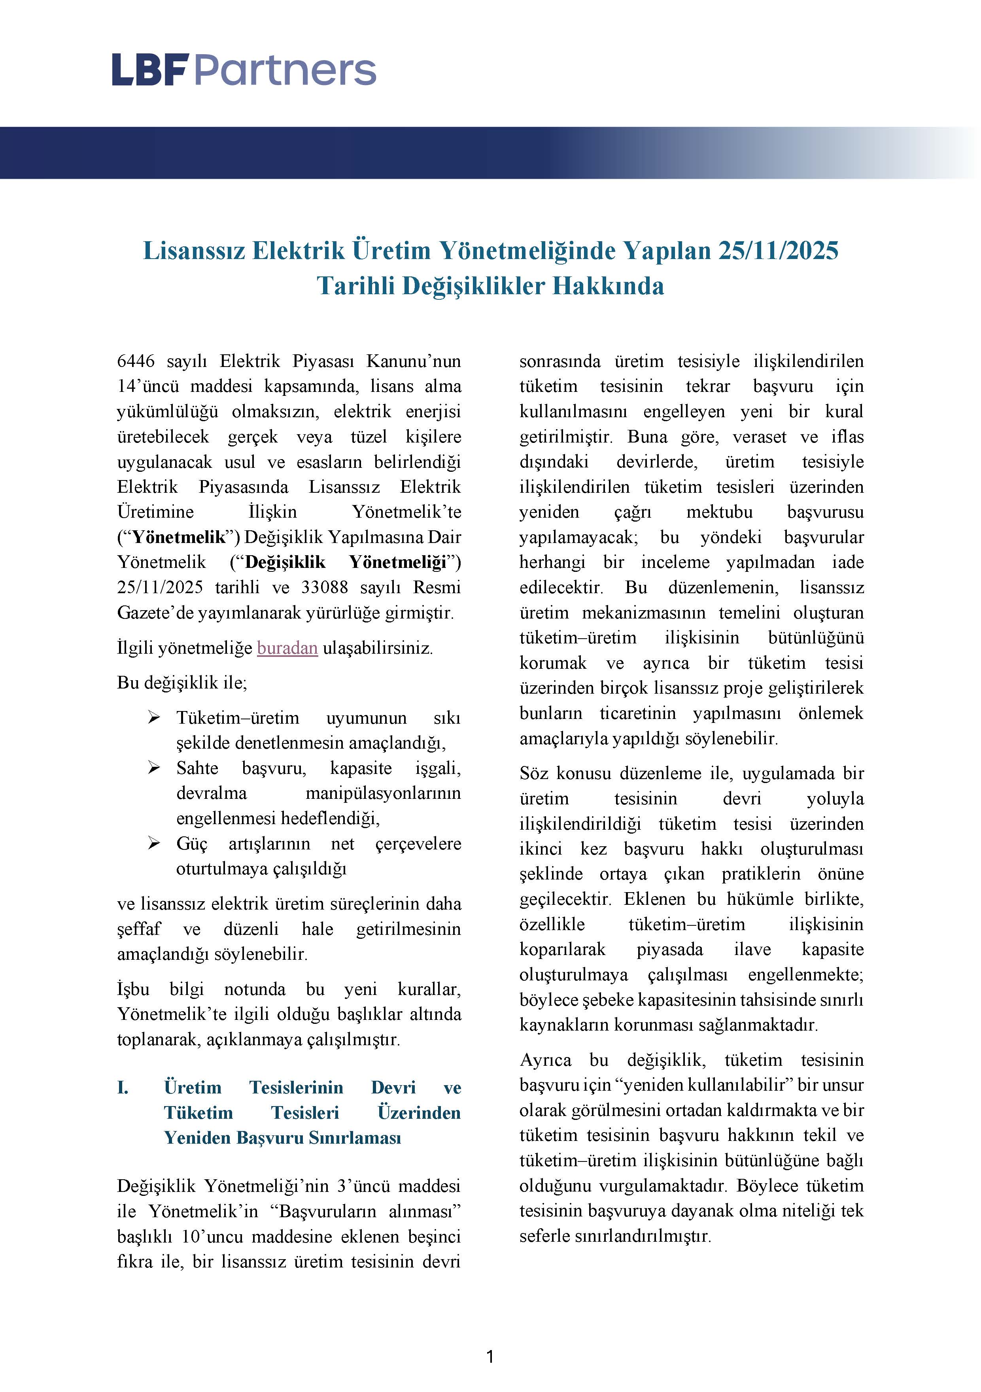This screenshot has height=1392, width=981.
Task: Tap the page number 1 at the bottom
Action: (490, 1356)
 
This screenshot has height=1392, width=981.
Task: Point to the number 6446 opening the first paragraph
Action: (136, 361)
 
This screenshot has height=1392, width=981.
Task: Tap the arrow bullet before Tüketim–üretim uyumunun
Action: (154, 718)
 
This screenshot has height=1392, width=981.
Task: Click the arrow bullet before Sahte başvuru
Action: (154, 768)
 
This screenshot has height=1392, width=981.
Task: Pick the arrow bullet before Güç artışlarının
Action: (154, 844)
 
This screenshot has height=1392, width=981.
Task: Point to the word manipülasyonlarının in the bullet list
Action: (383, 793)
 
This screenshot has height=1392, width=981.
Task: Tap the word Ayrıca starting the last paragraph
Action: (545, 1060)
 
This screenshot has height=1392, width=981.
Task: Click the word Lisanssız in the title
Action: (193, 250)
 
